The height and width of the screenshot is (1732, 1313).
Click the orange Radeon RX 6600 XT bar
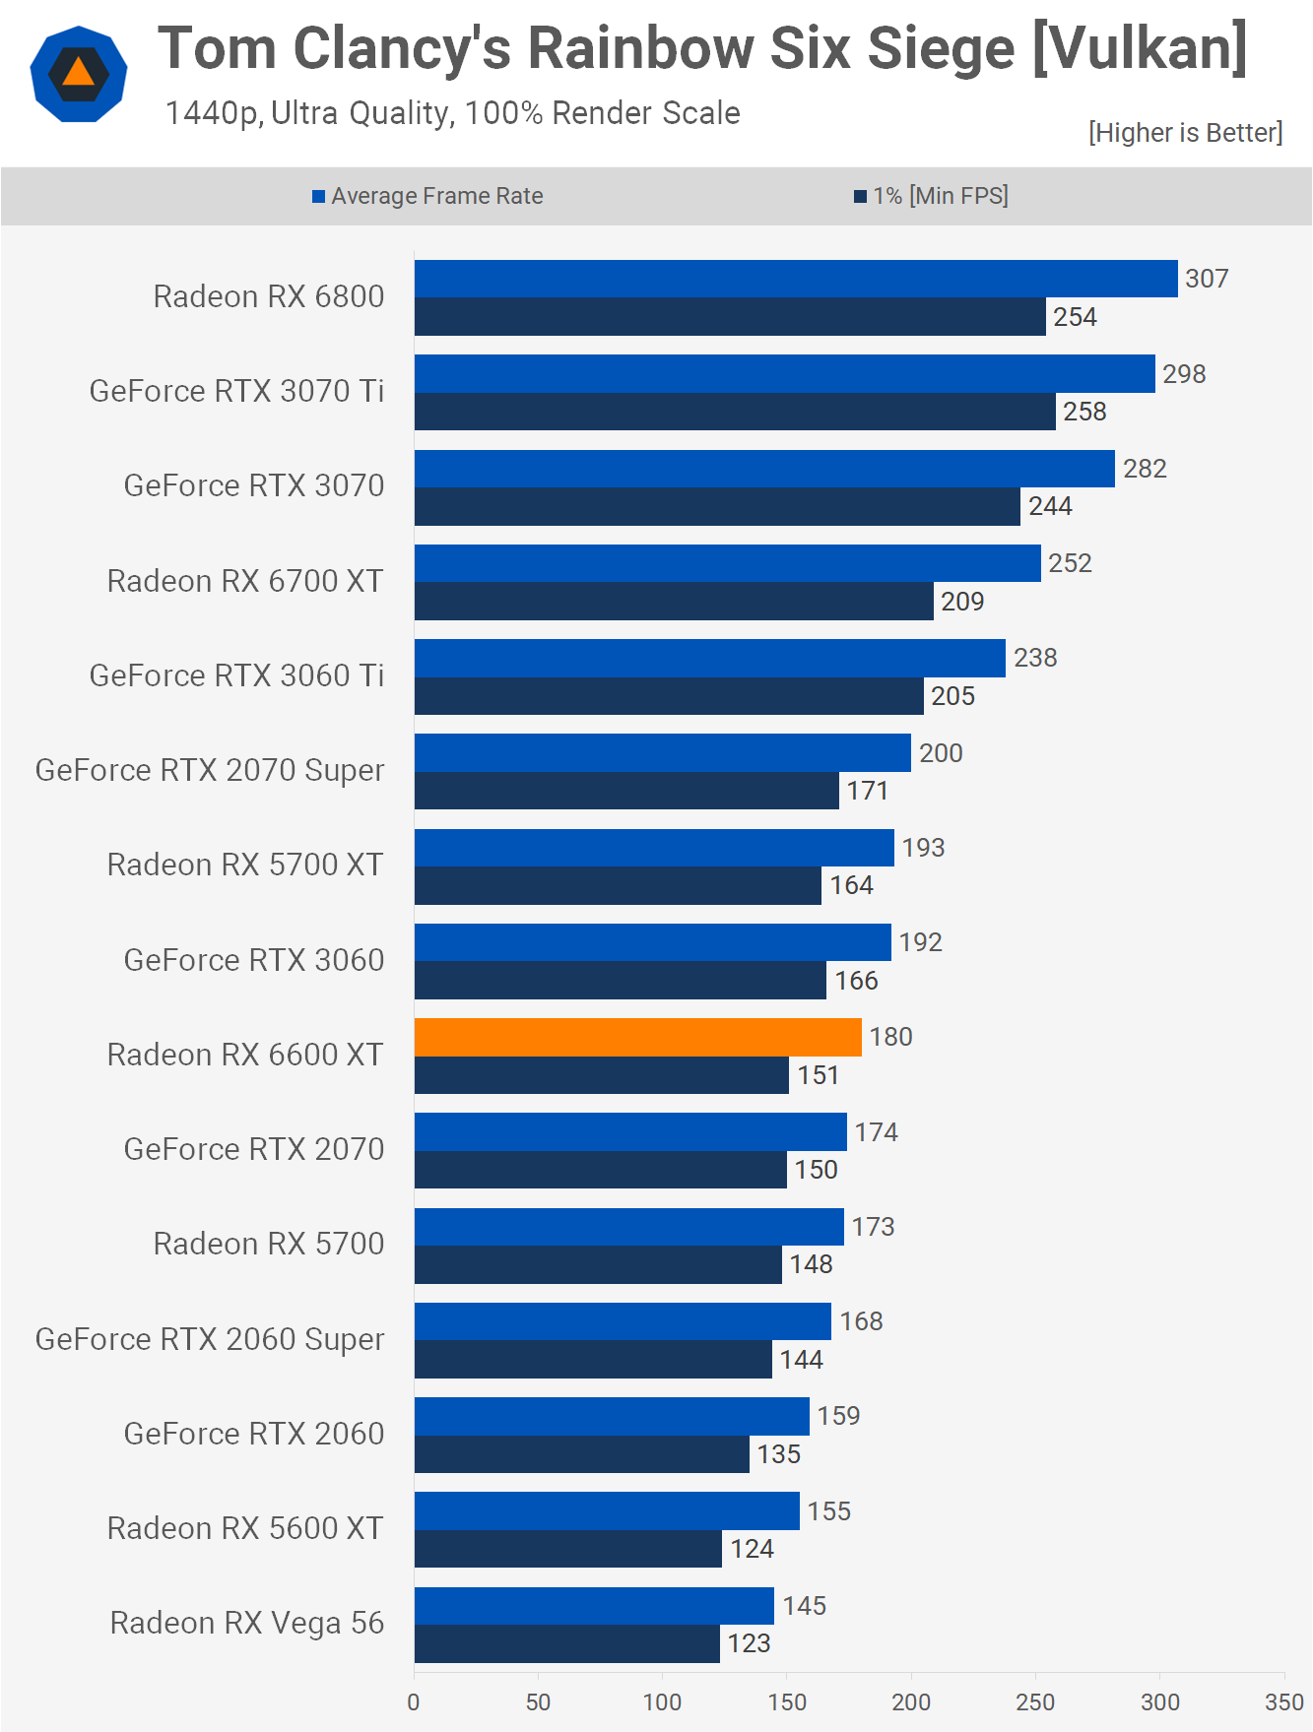[637, 1037]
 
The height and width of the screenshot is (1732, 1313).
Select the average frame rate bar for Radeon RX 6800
[796, 279]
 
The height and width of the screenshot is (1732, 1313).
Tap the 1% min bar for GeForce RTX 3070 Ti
[735, 412]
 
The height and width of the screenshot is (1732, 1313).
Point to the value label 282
[1145, 469]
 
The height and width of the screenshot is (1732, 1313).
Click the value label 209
[962, 602]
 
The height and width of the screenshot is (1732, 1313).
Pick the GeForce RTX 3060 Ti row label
[236, 675]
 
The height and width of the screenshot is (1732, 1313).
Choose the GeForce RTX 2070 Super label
[210, 770]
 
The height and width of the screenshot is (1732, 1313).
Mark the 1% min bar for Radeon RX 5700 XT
[618, 885]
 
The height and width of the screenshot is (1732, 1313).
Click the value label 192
[921, 942]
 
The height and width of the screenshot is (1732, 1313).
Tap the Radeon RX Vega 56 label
[246, 1623]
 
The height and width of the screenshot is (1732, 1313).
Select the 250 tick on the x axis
[1035, 1702]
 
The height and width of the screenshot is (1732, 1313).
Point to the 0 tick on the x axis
[414, 1702]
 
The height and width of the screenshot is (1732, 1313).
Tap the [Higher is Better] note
[1185, 133]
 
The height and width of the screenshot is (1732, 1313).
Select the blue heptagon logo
[79, 74]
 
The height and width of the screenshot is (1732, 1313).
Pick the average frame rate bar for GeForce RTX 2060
[612, 1416]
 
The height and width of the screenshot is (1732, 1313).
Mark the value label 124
[752, 1549]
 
